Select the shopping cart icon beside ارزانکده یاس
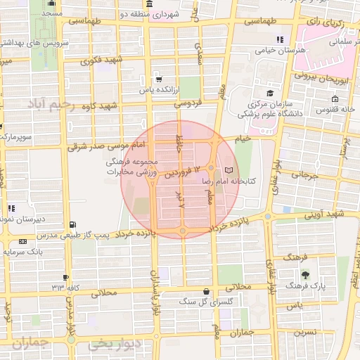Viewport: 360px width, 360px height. (x=160, y=79)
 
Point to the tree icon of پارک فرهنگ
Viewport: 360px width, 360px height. (x=304, y=275)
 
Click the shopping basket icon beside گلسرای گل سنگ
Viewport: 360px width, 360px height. (x=205, y=290)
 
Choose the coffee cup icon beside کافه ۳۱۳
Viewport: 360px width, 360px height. (x=65, y=278)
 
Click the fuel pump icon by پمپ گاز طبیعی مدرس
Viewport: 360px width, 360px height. (x=70, y=225)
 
